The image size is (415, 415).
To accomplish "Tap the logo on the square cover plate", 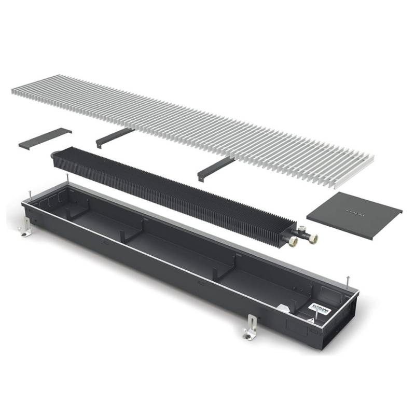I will pyautogui.click(x=354, y=213).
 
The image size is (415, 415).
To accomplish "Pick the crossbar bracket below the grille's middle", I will pyautogui.click(x=215, y=167).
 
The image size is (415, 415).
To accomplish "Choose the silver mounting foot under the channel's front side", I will pyautogui.click(x=251, y=326).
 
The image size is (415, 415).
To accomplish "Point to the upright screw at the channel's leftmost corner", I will pyautogui.click(x=31, y=195).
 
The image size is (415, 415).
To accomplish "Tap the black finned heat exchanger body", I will pyautogui.click(x=171, y=187).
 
